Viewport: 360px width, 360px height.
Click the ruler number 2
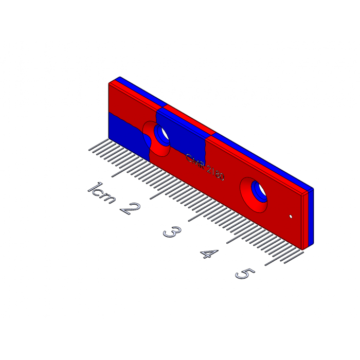tap(130, 208)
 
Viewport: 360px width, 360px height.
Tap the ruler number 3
tap(172, 231)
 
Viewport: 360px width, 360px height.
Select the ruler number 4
tap(209, 254)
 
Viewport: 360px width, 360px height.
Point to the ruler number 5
tap(245, 274)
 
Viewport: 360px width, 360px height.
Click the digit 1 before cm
tap(95, 187)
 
